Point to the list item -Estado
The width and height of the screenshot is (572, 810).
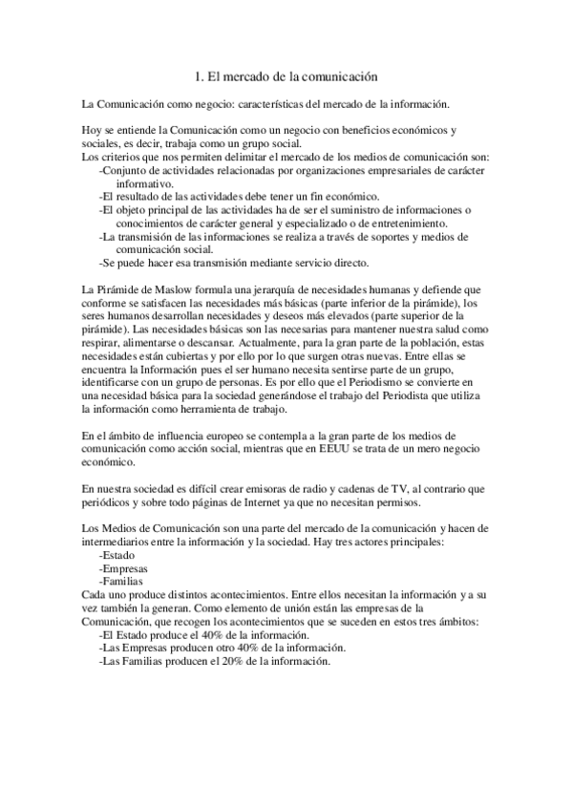pos(117,555)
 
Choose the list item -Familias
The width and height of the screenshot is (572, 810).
pos(122,582)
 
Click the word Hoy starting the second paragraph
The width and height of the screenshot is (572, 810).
pos(94,130)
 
